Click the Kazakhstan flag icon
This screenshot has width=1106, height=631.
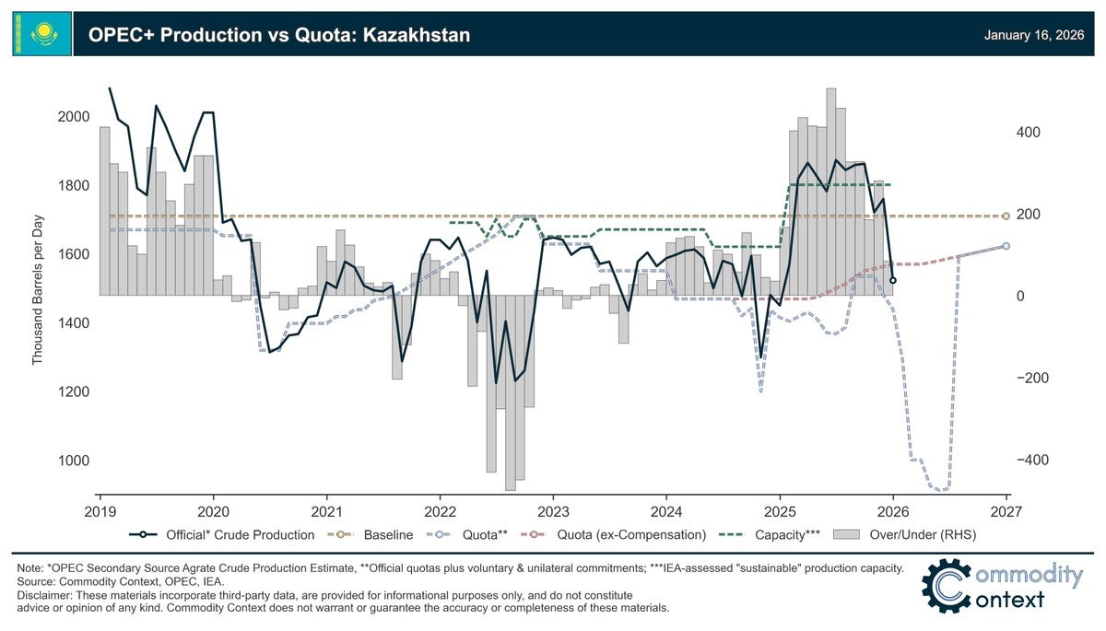coord(41,34)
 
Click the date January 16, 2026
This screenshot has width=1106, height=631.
coord(1033,35)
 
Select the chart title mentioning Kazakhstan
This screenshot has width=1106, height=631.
coord(279,35)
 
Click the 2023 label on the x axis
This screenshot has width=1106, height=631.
coord(553,511)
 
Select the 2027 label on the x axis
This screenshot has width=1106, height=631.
coord(1006,511)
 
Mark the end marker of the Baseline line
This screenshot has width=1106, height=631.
coord(1006,216)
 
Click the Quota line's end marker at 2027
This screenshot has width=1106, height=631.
coord(1006,246)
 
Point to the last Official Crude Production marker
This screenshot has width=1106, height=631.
coord(892,280)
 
